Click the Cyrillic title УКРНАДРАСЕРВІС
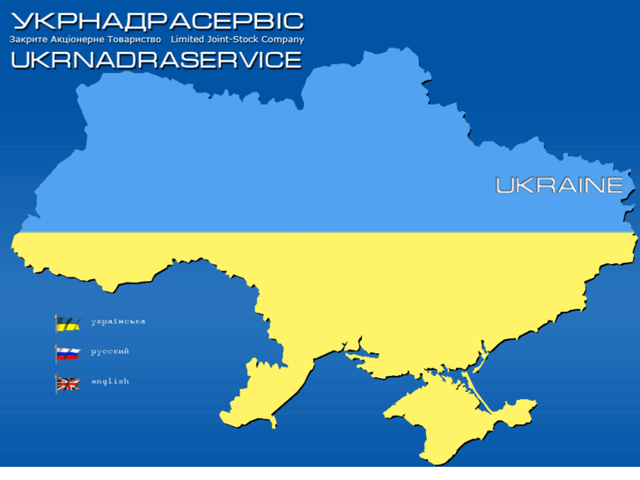pos(157,20)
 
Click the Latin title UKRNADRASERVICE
pos(157,59)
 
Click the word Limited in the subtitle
pos(188,40)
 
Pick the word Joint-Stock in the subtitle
pos(234,40)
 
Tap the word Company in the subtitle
pos(283,40)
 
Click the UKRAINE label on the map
pos(559,185)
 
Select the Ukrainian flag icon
pos(68,323)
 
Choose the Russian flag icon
pos(68,353)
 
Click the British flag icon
pos(68,383)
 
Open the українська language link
pos(118,321)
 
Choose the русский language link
pos(110,351)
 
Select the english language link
pos(110,381)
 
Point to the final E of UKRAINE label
pos(614,185)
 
